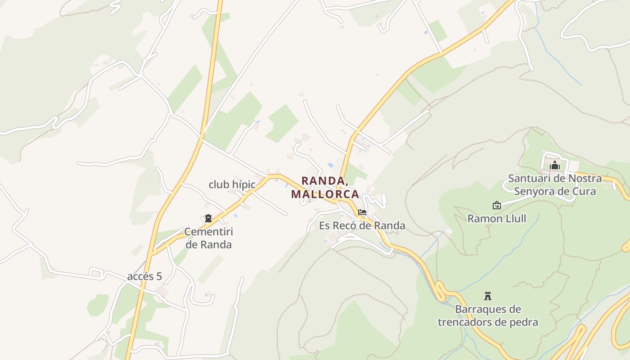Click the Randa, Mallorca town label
pos(325,187)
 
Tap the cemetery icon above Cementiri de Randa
pos(208,219)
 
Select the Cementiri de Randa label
pos(208,238)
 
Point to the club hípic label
pos(232,184)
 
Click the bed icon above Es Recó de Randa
pos(362,212)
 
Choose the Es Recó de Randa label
pos(362,225)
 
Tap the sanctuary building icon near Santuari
pos(554,166)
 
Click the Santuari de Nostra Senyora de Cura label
pos(555,184)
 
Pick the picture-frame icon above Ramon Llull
pos(496,205)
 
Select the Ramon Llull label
pos(497,219)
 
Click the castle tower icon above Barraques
pos(487,296)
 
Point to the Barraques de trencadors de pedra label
pos(488,315)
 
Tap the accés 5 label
pos(144,276)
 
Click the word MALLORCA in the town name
pos(325,194)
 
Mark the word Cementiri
pos(208,232)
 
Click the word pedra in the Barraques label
pos(523,322)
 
